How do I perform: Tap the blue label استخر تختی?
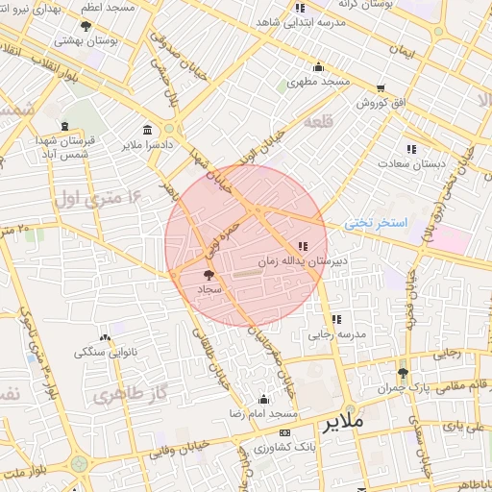pos(377,222)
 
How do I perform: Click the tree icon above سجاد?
pos(209,276)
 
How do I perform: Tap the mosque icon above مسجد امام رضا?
pos(264,399)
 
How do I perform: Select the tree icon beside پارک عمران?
pos(402,373)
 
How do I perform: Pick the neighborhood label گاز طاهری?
pos(122,395)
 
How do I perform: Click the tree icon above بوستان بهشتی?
pos(86,26)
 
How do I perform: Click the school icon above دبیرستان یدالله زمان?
pos(304,246)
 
